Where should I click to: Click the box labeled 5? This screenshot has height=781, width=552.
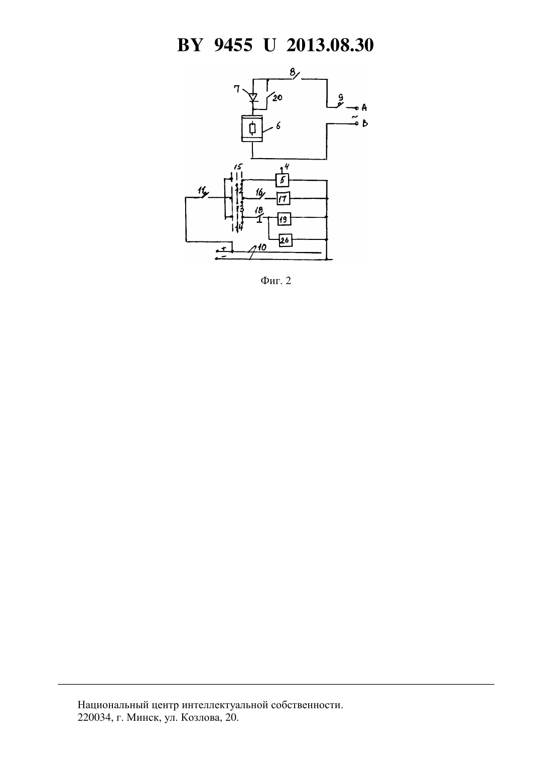coord(282,180)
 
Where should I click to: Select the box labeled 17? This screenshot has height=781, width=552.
coord(283,199)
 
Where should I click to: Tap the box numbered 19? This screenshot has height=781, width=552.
coord(284,219)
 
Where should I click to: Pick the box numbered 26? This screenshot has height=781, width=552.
coord(285,240)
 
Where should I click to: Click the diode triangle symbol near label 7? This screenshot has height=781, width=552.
coord(253,97)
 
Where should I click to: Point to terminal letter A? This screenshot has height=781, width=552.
coord(364,107)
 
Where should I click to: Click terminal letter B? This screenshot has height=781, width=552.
coord(364,123)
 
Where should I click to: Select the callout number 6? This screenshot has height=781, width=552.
coord(278,126)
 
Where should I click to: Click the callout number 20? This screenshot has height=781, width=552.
coord(277,98)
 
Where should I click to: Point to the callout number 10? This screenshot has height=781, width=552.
coord(261,247)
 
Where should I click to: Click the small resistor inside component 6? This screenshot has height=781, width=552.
coord(252,129)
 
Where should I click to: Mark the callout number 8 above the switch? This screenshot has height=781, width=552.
coord(293,72)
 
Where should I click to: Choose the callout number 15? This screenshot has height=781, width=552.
coord(238,167)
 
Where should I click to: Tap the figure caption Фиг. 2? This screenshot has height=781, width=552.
coord(275,281)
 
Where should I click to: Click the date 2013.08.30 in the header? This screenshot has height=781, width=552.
coord(330,45)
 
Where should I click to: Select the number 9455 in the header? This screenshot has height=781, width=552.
coord(233,45)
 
